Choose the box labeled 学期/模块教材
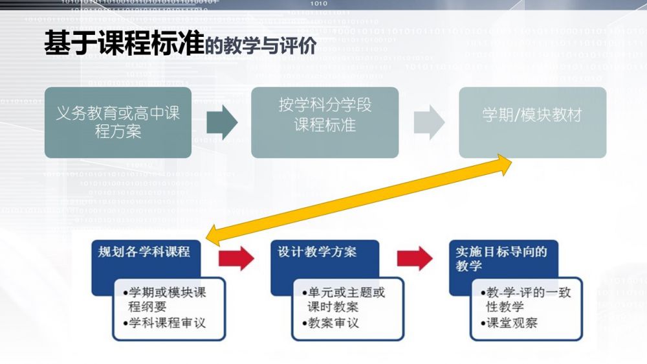coord(532,115)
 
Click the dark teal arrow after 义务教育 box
coord(222,122)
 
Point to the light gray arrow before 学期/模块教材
coord(429,122)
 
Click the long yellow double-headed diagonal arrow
coord(359,198)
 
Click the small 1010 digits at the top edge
coord(319,3)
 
